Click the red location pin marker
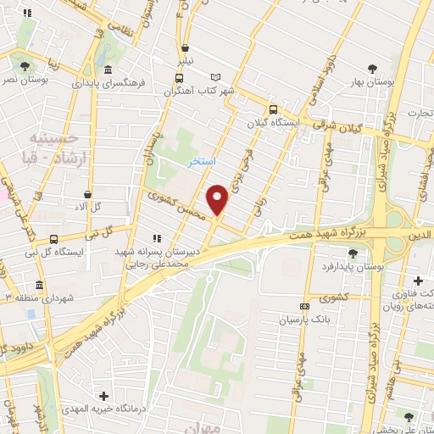[x=219, y=198]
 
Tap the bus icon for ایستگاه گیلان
[x=273, y=109]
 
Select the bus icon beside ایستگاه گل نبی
[x=54, y=239]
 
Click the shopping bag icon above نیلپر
[x=185, y=48]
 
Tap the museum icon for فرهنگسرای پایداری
[x=108, y=70]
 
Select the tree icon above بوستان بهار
[x=371, y=69]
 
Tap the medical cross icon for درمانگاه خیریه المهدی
[x=103, y=396]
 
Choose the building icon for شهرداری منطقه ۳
[x=39, y=285]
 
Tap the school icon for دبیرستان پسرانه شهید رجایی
[x=155, y=239]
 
